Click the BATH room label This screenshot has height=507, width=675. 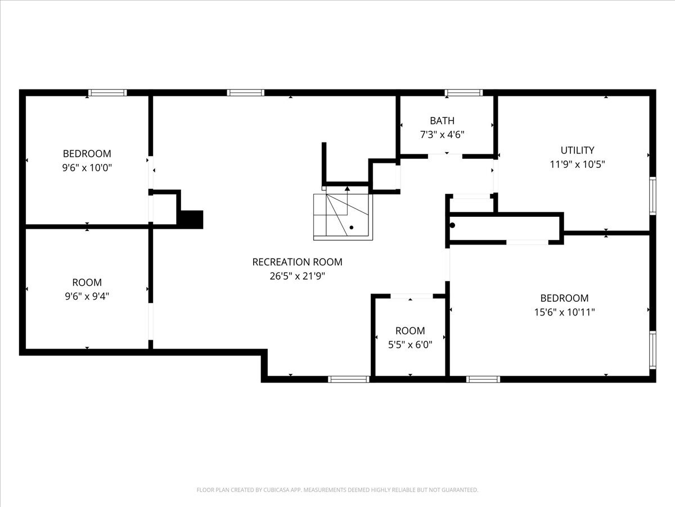(442, 121)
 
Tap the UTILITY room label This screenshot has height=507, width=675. (577, 150)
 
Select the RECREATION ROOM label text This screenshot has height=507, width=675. (297, 262)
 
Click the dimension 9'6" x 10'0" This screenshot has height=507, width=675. (87, 168)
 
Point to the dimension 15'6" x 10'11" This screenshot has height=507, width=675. (564, 312)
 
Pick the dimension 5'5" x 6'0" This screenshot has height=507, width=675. (410, 345)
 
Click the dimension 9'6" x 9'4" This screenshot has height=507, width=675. (87, 296)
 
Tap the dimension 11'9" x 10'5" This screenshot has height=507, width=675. (577, 164)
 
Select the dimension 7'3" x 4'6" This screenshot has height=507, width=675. (442, 135)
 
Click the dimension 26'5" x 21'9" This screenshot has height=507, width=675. (297, 276)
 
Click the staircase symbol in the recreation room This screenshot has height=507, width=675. (343, 216)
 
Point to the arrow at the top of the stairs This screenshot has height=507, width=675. (347, 189)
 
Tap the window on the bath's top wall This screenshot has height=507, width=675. (463, 93)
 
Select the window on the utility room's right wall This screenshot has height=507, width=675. (652, 196)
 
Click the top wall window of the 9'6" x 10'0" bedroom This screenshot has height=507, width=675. (107, 93)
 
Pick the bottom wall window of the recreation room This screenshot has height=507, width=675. (349, 379)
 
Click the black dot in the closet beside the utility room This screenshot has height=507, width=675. (452, 225)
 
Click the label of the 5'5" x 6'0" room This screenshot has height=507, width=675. (410, 331)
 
